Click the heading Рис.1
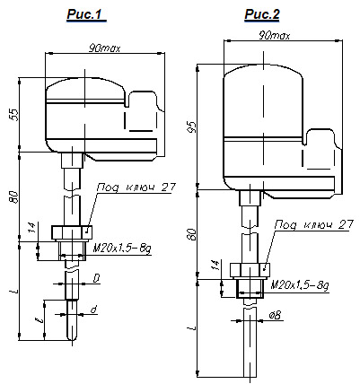tap(86, 14)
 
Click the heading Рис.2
tap(262, 14)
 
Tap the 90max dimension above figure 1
tap(104, 48)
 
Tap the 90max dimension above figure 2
tap(274, 36)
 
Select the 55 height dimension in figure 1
tap(14, 115)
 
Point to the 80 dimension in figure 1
tap(14, 197)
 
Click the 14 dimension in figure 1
tap(33, 228)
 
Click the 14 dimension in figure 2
tap(215, 265)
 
